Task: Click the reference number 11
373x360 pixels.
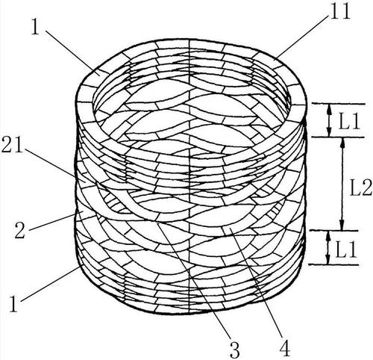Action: coord(340,11)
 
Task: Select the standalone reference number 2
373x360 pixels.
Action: coord(20,231)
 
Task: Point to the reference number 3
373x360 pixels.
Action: coord(234,349)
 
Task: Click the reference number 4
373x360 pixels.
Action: coord(285,349)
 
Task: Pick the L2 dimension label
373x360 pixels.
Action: coord(361,187)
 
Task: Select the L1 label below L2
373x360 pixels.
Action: coord(346,249)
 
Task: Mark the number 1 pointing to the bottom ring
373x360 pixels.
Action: coord(13,304)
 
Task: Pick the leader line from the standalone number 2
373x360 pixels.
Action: coord(53,222)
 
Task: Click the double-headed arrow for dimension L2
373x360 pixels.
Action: coord(342,184)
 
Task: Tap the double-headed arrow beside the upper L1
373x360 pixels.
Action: coord(329,120)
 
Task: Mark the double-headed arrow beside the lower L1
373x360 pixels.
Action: coord(328,247)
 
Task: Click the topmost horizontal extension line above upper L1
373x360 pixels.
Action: coord(338,104)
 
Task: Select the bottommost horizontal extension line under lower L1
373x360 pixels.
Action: coord(333,264)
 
